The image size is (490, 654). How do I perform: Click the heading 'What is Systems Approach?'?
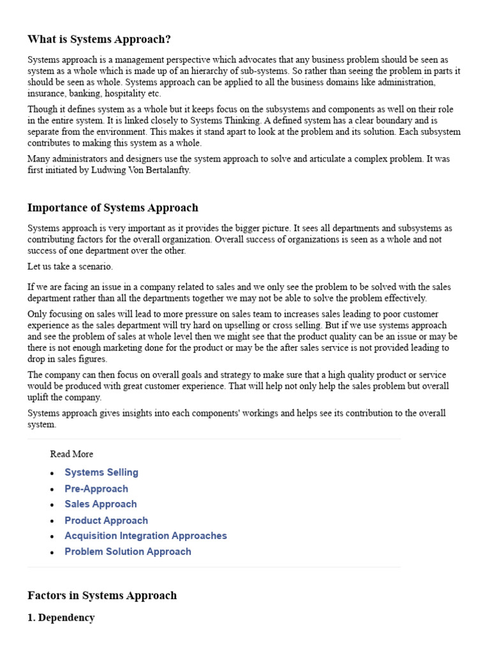[99, 39]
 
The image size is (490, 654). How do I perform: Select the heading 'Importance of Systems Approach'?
[113, 208]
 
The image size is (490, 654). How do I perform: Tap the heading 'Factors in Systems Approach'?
[102, 595]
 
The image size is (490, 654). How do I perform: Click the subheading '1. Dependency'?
[61, 618]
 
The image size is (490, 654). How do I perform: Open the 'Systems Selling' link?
[101, 473]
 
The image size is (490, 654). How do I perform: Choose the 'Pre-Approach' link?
[96, 489]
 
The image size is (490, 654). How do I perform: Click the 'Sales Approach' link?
[101, 504]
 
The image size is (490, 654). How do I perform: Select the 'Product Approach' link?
[106, 521]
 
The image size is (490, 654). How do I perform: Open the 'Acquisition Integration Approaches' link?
[145, 536]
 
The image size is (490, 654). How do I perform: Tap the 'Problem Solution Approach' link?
[128, 552]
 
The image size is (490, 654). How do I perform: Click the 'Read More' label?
[71, 454]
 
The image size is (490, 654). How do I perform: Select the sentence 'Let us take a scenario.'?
[70, 266]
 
